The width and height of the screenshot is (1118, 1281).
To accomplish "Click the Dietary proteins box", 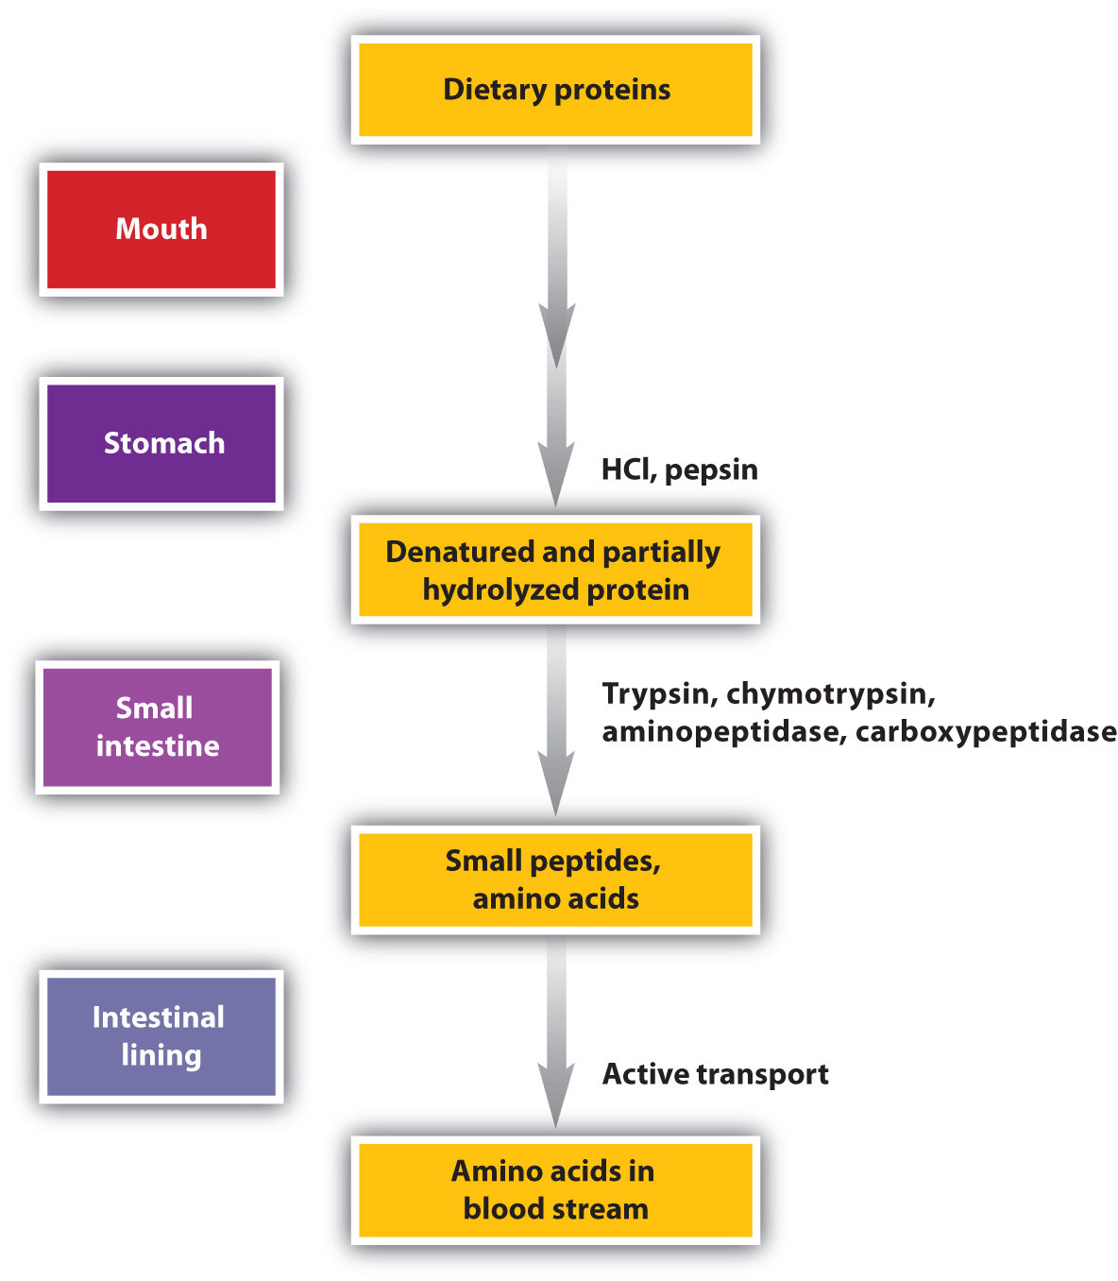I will coord(555,90).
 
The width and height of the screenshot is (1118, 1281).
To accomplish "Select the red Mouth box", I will coord(161,230).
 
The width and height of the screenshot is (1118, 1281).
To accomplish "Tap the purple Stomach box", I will coord(161,443).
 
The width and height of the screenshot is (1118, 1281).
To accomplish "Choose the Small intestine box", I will coord(158,726).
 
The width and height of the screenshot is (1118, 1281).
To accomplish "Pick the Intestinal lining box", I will coord(161,1036).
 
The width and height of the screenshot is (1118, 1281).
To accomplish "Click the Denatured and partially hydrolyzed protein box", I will coord(555,570).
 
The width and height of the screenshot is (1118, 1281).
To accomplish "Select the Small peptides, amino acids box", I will coord(555,880).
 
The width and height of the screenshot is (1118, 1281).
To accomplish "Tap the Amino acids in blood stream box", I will coord(555,1189).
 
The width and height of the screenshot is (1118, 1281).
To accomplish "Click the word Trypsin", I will coord(657,694).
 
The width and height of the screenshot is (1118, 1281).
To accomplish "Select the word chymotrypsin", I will coord(831,694).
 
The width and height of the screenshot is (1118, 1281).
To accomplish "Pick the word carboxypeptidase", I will coord(986,732).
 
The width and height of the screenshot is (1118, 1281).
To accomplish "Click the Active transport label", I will coord(715,1074).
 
